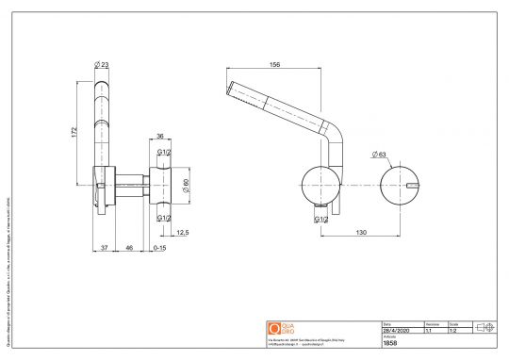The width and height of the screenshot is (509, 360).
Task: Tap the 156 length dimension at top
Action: [x=275, y=65]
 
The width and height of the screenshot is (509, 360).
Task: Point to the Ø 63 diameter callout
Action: [x=382, y=153]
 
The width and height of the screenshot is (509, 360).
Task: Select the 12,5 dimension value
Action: [x=182, y=233]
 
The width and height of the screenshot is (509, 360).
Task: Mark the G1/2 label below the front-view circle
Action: [x=320, y=220]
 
